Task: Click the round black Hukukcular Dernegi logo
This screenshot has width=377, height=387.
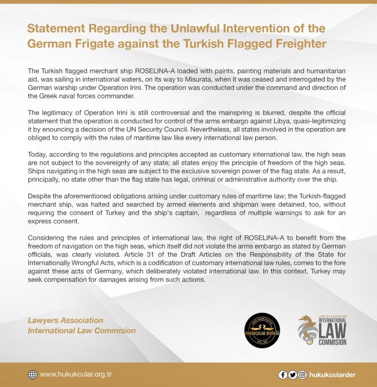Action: [262, 331]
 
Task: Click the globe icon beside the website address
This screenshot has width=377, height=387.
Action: [32, 374]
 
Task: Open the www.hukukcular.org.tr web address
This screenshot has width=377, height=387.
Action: [76, 374]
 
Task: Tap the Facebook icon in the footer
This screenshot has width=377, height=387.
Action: [283, 375]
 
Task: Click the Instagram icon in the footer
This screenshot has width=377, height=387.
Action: [302, 375]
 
